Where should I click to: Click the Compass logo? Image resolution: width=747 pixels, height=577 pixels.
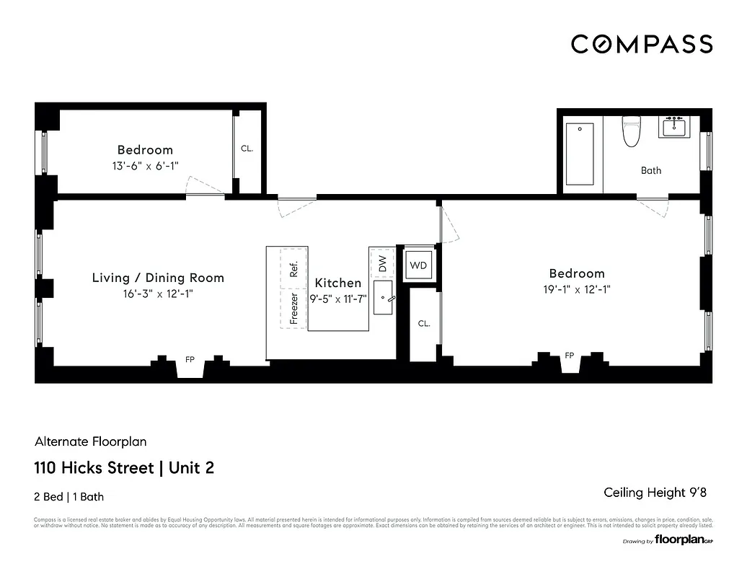tap(642, 44)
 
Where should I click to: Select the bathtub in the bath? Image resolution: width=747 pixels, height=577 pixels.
tap(579, 154)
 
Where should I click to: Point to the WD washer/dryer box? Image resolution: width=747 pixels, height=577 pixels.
tap(418, 265)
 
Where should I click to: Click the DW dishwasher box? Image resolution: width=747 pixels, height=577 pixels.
tap(382, 264)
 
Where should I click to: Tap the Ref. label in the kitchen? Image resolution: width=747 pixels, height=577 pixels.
tap(293, 269)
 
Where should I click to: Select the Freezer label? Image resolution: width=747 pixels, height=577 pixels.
tap(293, 307)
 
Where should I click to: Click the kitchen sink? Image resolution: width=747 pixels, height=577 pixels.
tap(383, 298)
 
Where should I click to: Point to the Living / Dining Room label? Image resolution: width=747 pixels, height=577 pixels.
tap(158, 278)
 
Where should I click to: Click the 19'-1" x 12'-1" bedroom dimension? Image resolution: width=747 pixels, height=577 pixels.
tap(577, 289)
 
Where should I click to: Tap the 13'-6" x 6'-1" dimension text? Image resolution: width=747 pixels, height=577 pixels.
tap(145, 165)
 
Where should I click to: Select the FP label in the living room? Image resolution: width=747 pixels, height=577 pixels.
tap(190, 358)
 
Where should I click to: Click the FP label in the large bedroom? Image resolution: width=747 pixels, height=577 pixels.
tap(569, 356)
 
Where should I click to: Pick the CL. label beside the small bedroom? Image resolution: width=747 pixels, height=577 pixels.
tap(247, 149)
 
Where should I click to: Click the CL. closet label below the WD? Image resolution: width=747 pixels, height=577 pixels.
tap(424, 324)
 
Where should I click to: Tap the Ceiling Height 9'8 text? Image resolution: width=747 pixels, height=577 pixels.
tap(654, 493)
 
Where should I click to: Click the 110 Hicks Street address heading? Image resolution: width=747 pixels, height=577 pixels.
tap(124, 468)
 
